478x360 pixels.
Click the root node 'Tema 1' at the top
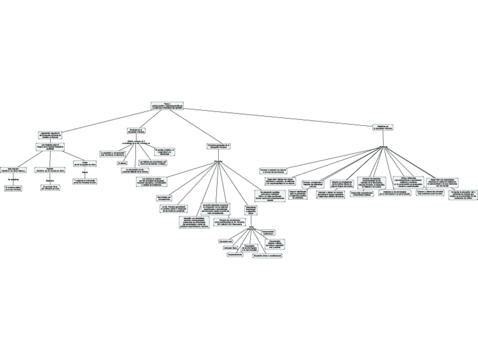click(x=167, y=106)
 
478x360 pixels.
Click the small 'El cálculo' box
click(x=122, y=163)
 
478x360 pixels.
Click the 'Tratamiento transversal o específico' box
click(x=251, y=210)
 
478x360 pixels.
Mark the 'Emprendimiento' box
click(x=235, y=254)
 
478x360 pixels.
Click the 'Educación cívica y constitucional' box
click(x=267, y=255)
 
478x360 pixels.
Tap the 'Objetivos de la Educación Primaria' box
click(x=383, y=128)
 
